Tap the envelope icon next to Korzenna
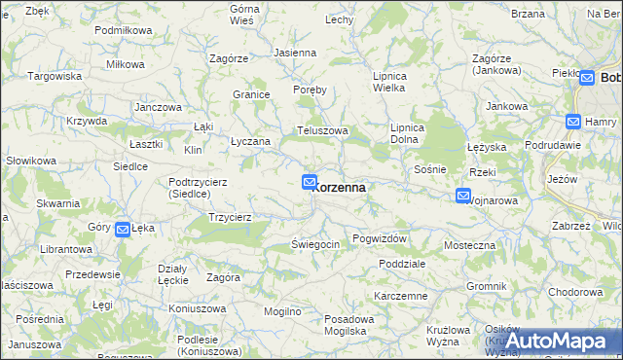click(x=310, y=182)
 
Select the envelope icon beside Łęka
click(x=123, y=230)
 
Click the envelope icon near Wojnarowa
click(x=462, y=197)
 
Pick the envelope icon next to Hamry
click(x=575, y=122)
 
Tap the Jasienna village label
click(x=295, y=53)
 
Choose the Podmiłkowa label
click(x=124, y=30)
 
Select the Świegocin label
click(x=315, y=244)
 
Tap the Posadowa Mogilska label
click(x=349, y=325)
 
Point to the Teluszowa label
click(x=322, y=129)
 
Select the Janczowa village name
click(x=159, y=107)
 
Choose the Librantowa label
click(x=66, y=250)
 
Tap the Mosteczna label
click(x=470, y=246)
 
